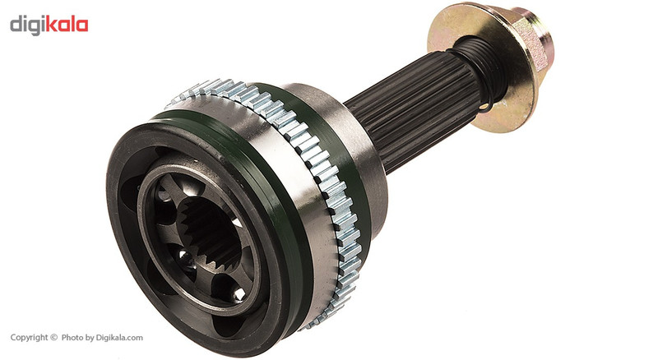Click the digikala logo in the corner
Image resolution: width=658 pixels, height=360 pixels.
(x=49, y=25)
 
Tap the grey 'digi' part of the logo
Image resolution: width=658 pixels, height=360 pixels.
(x=27, y=26)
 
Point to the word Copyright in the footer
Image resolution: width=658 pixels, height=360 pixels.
(x=29, y=337)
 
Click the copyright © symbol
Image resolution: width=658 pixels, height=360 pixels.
(x=53, y=337)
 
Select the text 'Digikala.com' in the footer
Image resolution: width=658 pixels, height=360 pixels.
(x=119, y=338)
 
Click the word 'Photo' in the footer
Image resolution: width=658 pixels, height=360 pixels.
(x=72, y=337)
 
